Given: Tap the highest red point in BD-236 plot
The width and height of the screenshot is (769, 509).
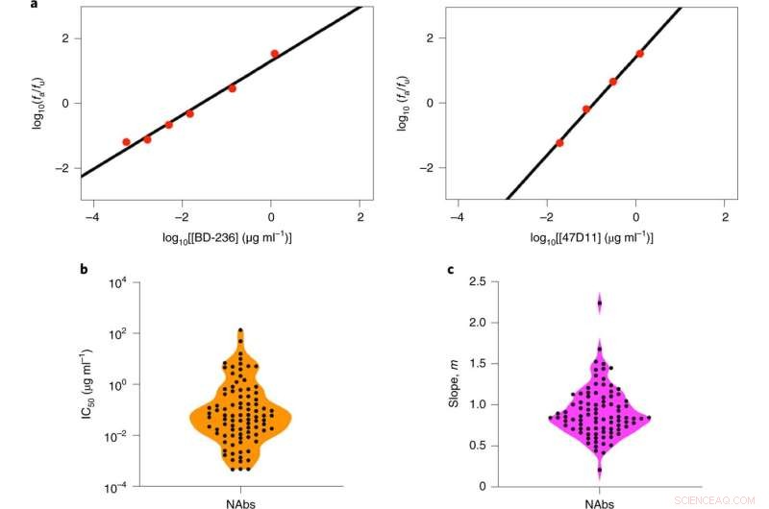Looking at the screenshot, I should click(275, 54).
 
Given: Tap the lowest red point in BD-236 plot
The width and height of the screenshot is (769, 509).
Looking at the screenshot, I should click(126, 142).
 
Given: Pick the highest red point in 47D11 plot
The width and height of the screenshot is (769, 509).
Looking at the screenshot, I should click(640, 54).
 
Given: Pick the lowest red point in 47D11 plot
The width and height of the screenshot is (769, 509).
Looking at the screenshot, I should click(559, 143).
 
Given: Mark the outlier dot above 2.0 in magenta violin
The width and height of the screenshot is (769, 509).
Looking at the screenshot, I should click(600, 303).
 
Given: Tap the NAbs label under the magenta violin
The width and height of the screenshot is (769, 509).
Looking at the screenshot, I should click(600, 500).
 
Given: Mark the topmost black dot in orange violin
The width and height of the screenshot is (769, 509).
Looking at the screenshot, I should click(240, 330).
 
